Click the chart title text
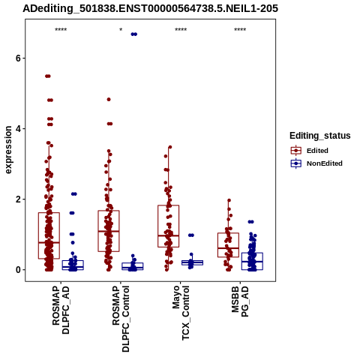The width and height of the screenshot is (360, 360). click(150, 8)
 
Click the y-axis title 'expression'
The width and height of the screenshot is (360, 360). click(8, 150)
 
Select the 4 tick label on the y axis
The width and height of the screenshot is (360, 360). click(18, 129)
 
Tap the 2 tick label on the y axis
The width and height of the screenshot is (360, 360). click(18, 199)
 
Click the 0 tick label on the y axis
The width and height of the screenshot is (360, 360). click(18, 270)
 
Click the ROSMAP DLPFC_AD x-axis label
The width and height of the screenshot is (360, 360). click(61, 310)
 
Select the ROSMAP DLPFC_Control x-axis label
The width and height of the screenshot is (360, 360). click(121, 319)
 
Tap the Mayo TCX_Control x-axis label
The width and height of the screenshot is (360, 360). click(181, 313)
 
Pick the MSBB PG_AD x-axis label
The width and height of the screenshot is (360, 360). click(240, 301)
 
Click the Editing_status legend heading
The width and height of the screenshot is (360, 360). click(320, 136)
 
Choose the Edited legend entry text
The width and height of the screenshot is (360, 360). click(317, 151)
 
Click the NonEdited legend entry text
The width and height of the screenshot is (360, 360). click(325, 163)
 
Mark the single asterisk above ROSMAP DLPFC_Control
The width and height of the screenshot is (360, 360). click(121, 30)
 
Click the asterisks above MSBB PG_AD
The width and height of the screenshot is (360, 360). click(240, 30)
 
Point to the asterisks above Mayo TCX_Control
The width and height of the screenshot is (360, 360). click(181, 30)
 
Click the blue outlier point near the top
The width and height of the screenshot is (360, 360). click(134, 34)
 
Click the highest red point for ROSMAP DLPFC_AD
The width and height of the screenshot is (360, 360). click(48, 76)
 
